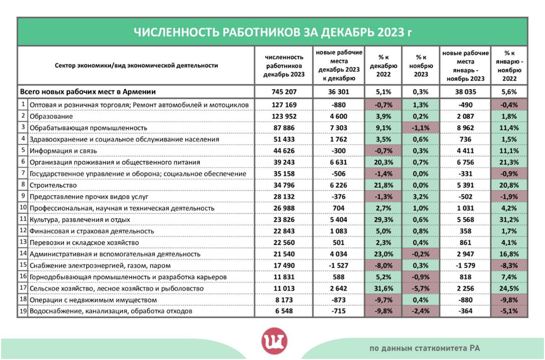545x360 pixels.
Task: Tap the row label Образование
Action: (51, 116)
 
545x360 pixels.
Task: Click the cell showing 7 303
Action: (339, 128)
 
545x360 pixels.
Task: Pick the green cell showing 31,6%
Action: (383, 289)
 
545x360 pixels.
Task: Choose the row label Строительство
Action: (53, 185)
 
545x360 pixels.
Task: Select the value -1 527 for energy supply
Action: (339, 266)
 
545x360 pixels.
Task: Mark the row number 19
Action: (23, 312)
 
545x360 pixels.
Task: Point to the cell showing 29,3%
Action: (383, 219)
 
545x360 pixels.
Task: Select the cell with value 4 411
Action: (464, 151)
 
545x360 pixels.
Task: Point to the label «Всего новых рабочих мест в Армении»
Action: (84, 91)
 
